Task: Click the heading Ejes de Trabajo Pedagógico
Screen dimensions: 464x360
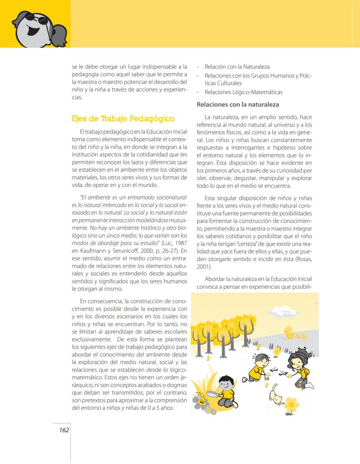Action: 123,119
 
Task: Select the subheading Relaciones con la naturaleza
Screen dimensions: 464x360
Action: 237,105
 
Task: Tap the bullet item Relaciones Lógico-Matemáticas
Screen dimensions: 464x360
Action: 243,92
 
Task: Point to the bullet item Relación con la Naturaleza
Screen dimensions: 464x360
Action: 237,67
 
